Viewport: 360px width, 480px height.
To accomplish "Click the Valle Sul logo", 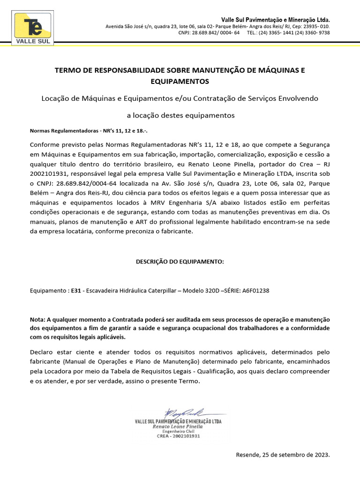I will coord(34,29).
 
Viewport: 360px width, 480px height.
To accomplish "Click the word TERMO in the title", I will coord(68,71).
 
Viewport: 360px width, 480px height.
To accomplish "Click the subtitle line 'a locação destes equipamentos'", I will coord(180,115).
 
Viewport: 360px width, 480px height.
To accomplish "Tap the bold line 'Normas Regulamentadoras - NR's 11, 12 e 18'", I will coord(91,131).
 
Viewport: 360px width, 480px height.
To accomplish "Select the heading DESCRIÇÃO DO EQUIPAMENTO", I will coord(180,261).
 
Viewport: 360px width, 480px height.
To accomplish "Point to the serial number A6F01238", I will coord(255,291).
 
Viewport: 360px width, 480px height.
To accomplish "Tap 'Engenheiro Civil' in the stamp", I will coord(178,431).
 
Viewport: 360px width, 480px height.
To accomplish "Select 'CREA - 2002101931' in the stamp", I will coord(178,436).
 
